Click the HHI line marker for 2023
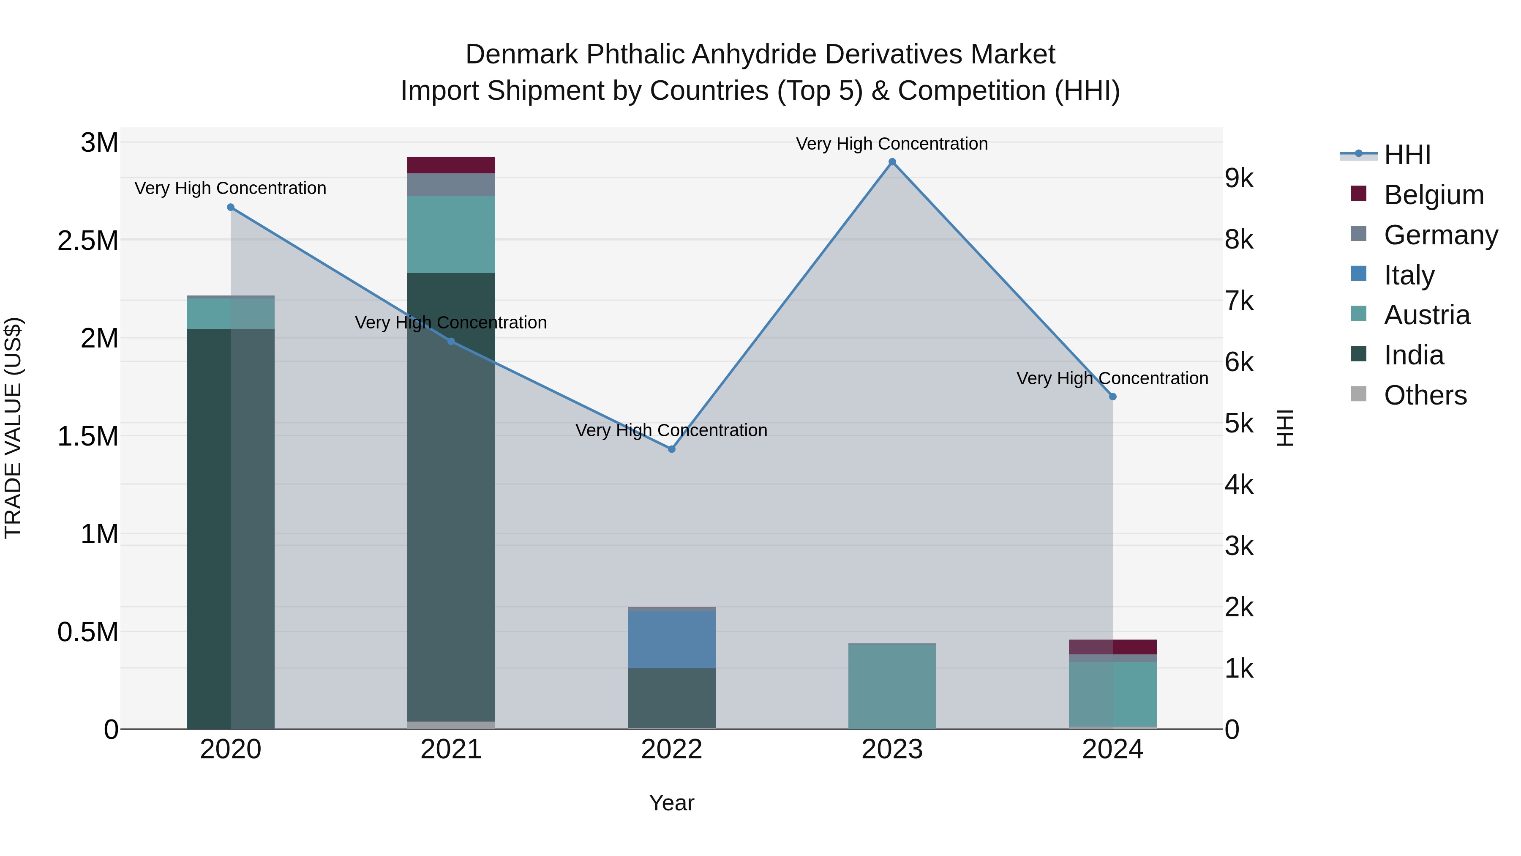[x=891, y=162]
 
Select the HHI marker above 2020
[x=230, y=208]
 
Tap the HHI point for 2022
[x=671, y=449]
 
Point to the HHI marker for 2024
[x=1112, y=397]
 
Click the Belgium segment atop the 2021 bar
[x=451, y=165]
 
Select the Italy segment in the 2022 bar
[x=671, y=639]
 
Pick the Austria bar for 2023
[x=891, y=686]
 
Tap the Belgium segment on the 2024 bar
[x=1112, y=646]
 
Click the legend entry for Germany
[x=1440, y=235]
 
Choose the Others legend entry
[x=1425, y=395]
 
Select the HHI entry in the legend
[x=1407, y=155]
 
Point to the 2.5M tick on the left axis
[x=87, y=241]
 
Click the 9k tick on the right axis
[x=1239, y=178]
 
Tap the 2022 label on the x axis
[x=671, y=749]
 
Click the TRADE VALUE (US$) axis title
[x=13, y=428]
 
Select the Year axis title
[x=671, y=803]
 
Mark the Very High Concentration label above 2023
[x=891, y=144]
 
